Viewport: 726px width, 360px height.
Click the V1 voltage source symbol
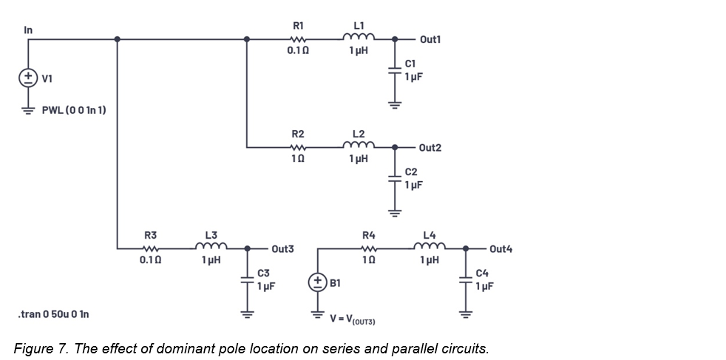[x=28, y=78]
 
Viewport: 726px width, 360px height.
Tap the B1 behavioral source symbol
[x=316, y=282]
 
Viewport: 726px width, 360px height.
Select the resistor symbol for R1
[x=298, y=39]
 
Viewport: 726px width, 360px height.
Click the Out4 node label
[x=501, y=248]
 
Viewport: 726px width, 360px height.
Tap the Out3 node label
[x=282, y=249]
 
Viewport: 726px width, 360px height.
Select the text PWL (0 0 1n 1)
[x=73, y=110]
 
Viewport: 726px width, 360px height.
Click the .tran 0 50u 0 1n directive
[x=53, y=314]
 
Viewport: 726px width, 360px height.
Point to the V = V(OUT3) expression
[x=354, y=319]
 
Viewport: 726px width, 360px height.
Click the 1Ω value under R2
[x=298, y=159]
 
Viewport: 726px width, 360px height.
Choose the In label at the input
[x=28, y=30]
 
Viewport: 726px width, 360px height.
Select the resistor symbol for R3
[x=150, y=248]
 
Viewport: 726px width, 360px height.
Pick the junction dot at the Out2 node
[x=395, y=148]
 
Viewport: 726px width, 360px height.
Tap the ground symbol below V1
[x=28, y=109]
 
